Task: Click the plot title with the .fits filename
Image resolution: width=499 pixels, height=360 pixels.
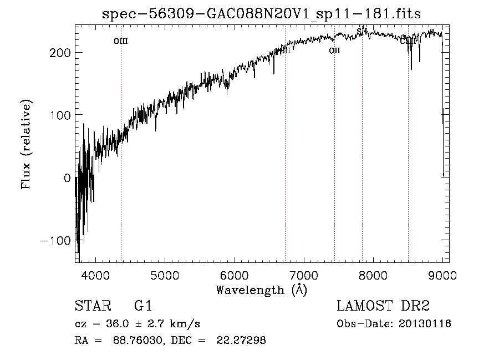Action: (x=262, y=14)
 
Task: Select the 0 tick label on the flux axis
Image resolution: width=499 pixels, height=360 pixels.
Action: (x=67, y=178)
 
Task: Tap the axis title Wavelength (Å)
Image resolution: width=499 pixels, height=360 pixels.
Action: (x=261, y=290)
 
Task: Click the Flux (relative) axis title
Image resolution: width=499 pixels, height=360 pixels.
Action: (x=26, y=144)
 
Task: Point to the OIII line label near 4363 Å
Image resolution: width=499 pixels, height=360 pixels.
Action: (x=121, y=41)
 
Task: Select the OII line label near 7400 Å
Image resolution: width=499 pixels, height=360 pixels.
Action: (x=334, y=51)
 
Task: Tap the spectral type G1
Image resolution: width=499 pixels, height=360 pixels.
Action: (x=143, y=306)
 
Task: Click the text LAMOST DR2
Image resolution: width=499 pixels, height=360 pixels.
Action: (x=383, y=306)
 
